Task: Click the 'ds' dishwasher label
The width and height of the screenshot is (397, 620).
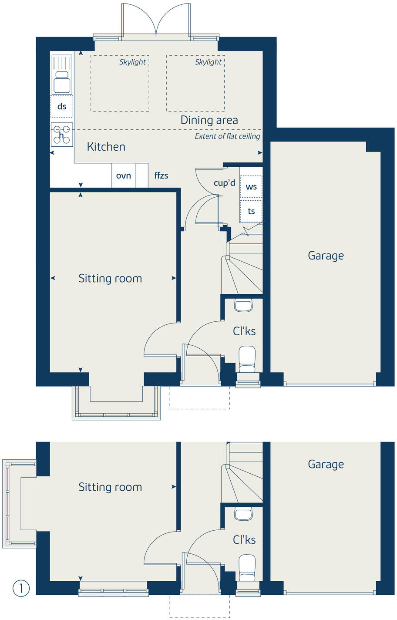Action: pyautogui.click(x=62, y=106)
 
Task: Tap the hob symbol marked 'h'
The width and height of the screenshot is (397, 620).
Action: pyautogui.click(x=62, y=135)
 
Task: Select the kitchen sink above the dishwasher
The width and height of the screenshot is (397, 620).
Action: pyautogui.click(x=62, y=74)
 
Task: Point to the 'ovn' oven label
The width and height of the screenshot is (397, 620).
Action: pyautogui.click(x=124, y=175)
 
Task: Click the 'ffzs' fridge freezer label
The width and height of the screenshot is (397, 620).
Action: pyautogui.click(x=161, y=175)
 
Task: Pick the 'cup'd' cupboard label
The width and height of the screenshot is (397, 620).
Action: pyautogui.click(x=224, y=183)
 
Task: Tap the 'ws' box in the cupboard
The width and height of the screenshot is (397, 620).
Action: pyautogui.click(x=251, y=187)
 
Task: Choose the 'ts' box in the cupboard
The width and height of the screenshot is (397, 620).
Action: pyautogui.click(x=251, y=211)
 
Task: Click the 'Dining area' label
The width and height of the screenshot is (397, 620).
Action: pyautogui.click(x=209, y=120)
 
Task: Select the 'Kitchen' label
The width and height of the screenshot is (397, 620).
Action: pyautogui.click(x=106, y=147)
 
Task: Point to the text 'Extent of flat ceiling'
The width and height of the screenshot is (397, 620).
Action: pyautogui.click(x=227, y=136)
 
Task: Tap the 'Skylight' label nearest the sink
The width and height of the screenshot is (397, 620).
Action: pyautogui.click(x=132, y=62)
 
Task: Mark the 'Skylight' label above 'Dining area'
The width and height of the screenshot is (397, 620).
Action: pyautogui.click(x=208, y=62)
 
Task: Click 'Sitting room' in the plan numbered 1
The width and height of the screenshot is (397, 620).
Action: pyautogui.click(x=110, y=487)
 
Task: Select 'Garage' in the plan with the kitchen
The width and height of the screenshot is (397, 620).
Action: pyautogui.click(x=326, y=256)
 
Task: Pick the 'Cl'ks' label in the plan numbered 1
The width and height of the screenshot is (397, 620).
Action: pyautogui.click(x=244, y=540)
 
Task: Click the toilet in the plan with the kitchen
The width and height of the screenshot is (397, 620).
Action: pyautogui.click(x=247, y=359)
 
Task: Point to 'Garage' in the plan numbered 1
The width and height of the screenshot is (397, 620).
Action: pyautogui.click(x=326, y=464)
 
